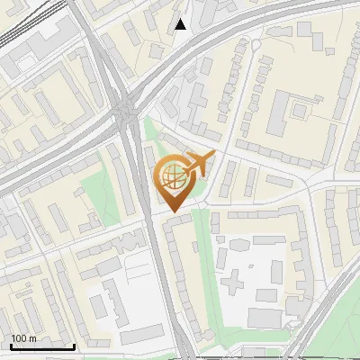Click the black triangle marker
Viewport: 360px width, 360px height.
point(181,24)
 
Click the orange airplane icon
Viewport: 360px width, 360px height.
point(201,164)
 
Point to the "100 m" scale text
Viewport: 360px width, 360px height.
point(24,338)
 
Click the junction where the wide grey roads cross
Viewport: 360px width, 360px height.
point(125,112)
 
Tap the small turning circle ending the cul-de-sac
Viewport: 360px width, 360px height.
point(256,45)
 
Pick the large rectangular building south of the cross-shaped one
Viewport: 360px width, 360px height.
point(265,318)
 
